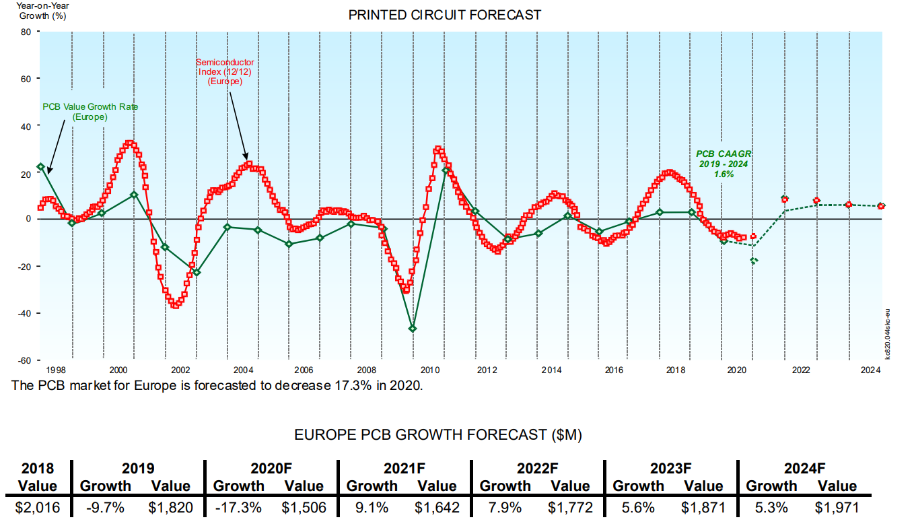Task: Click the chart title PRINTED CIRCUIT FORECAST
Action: (444, 15)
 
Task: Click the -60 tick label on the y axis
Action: (25, 360)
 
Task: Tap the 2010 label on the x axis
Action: (430, 370)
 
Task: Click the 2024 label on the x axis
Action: (871, 370)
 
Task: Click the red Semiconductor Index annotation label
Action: (225, 71)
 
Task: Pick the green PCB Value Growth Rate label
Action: (90, 111)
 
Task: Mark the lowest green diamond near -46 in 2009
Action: (413, 328)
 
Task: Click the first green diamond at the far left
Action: (40, 166)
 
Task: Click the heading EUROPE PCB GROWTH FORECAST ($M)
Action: (438, 435)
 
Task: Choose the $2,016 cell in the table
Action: (38, 507)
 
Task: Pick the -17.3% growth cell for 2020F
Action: (238, 507)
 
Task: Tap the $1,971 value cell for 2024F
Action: (837, 507)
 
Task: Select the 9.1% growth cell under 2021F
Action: (372, 507)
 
